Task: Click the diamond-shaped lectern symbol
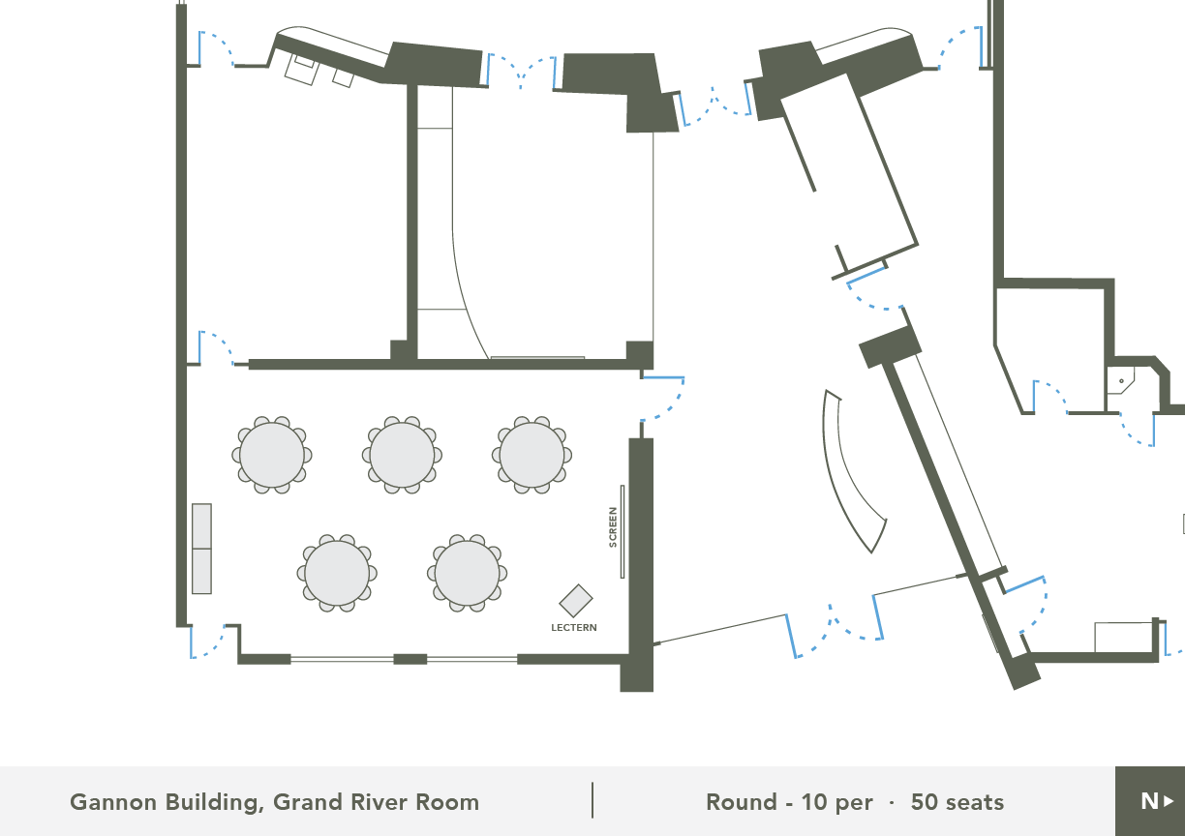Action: pos(576,600)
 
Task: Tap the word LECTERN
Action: pos(574,628)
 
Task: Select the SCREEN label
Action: pos(613,527)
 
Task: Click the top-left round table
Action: pos(272,455)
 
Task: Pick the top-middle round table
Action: pos(402,455)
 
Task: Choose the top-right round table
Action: pos(532,455)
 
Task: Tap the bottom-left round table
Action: pos(337,573)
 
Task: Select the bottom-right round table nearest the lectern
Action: pos(467,573)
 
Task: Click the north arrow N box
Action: pos(1150,801)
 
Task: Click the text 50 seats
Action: pos(957,802)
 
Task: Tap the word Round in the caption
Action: pos(742,802)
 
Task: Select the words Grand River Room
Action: pos(377,802)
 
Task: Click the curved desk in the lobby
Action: pos(846,476)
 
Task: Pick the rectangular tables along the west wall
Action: pos(201,549)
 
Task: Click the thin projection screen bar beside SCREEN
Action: pos(623,531)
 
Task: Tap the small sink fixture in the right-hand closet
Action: pos(1120,380)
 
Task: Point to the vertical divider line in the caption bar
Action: pos(592,800)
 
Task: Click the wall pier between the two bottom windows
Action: pos(410,659)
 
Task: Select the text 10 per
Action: pos(836,803)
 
